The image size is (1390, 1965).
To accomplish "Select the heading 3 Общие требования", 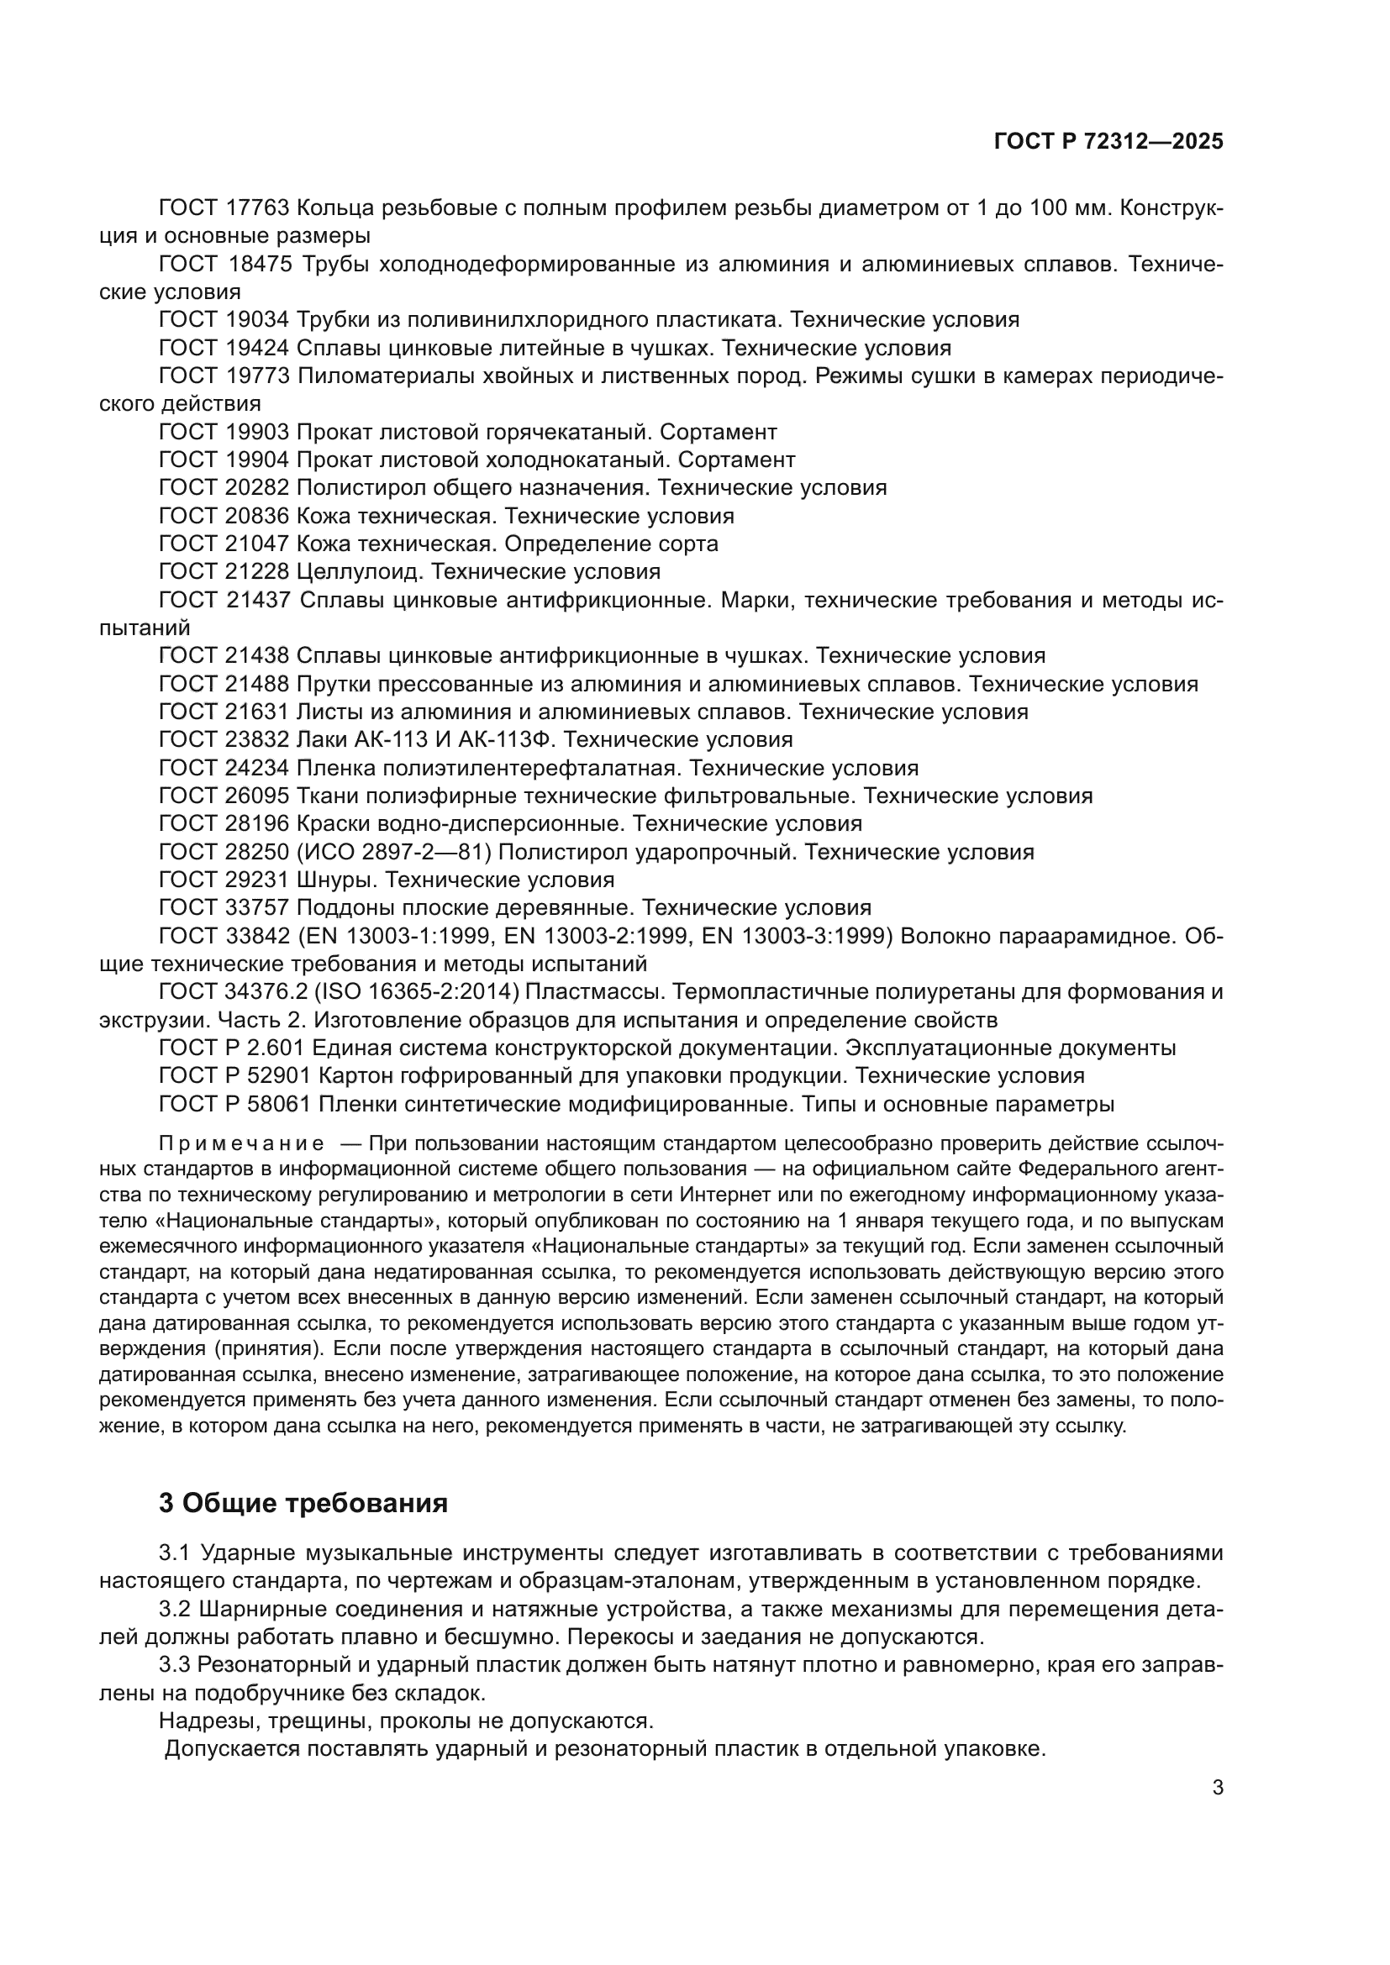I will (303, 1503).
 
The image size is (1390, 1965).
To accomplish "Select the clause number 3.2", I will (176, 1610).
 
